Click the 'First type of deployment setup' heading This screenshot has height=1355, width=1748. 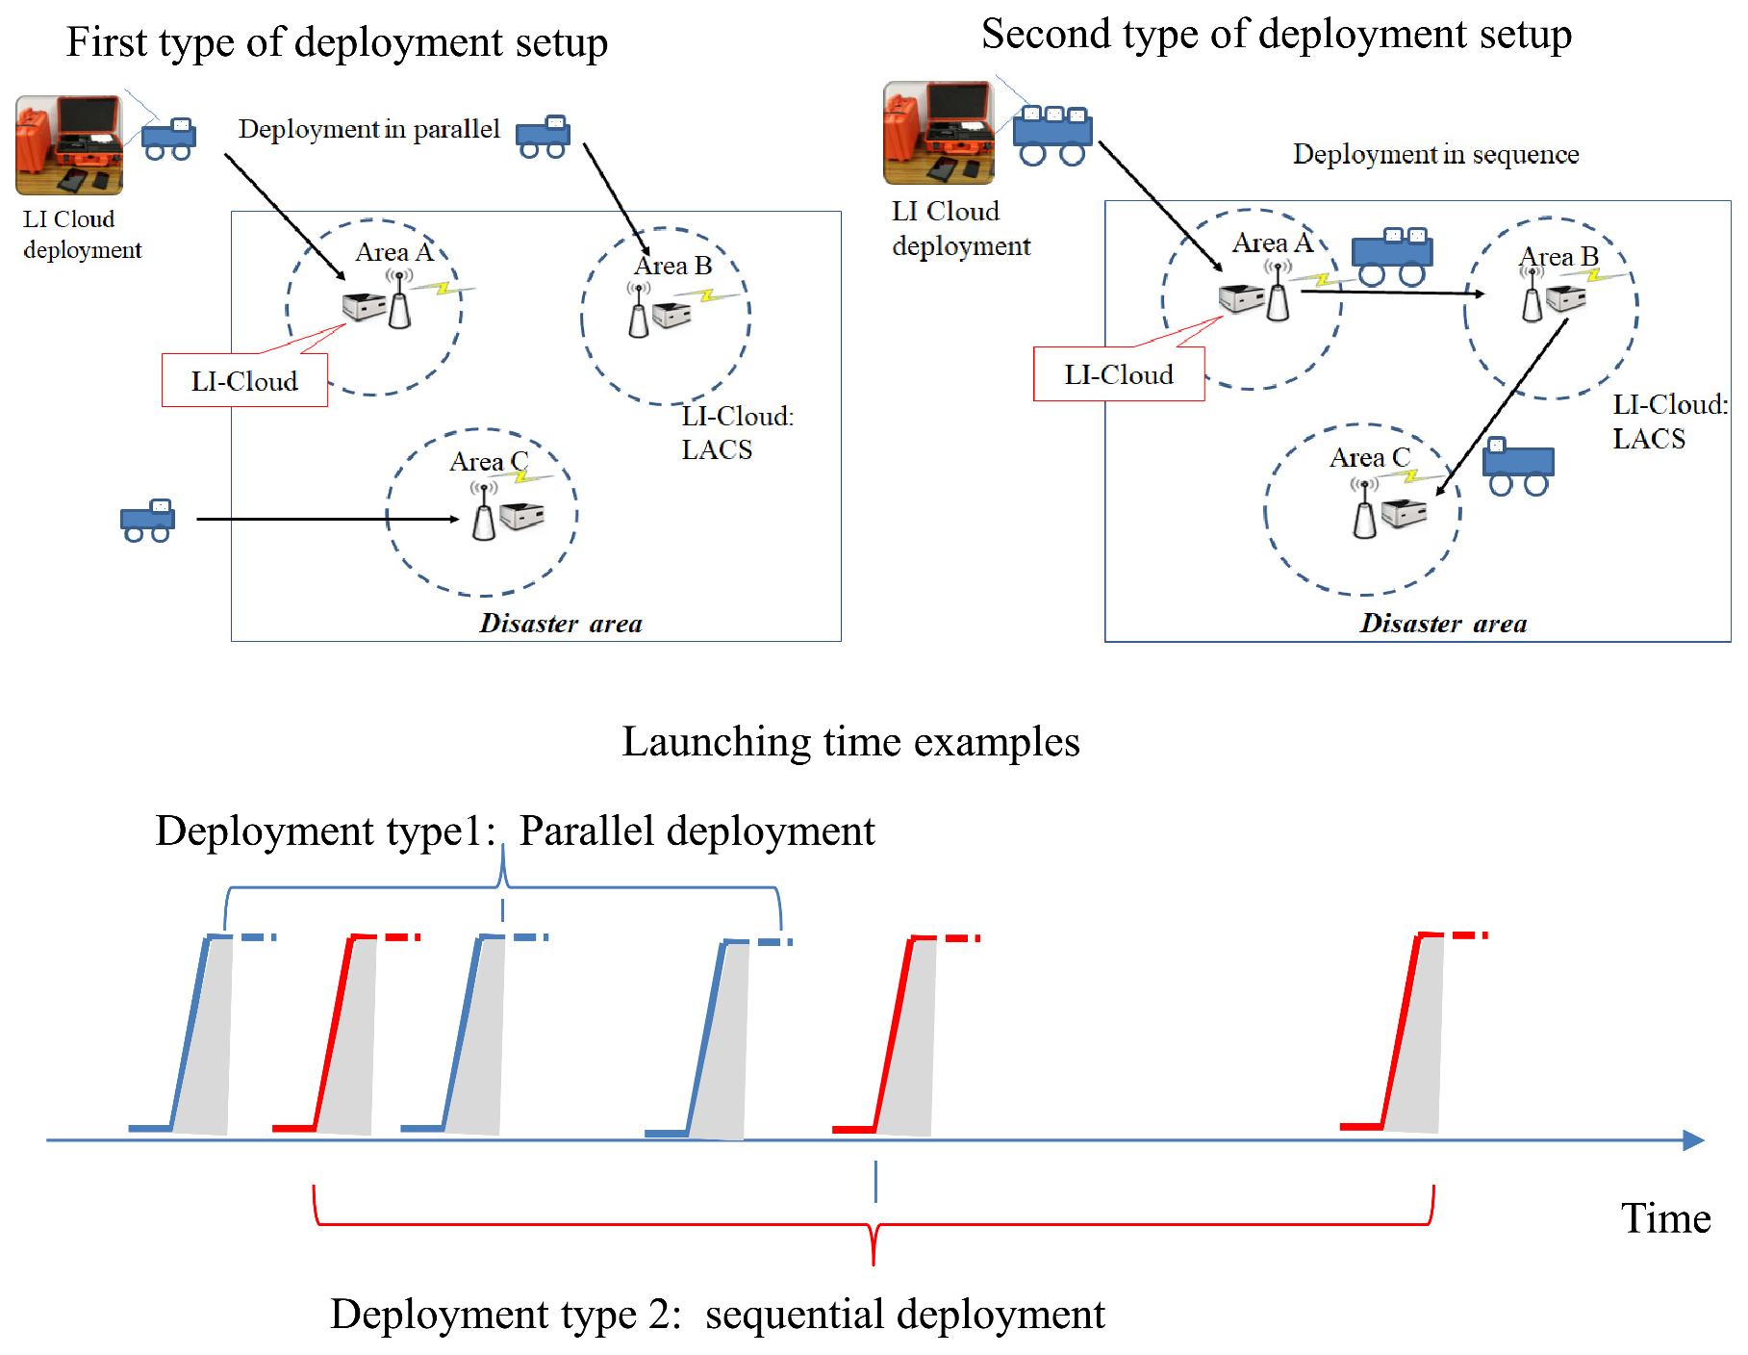point(337,42)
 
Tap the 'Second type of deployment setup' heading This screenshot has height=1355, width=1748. point(1276,35)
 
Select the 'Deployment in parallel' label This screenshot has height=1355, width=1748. point(368,129)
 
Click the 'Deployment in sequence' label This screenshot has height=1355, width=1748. point(1434,154)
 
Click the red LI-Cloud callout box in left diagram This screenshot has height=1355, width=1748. point(244,381)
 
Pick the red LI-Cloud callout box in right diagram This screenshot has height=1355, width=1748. point(1118,374)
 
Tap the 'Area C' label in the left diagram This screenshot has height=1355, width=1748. point(488,462)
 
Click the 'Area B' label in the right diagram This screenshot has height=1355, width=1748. point(1558,257)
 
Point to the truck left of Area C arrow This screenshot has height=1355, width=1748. point(147,521)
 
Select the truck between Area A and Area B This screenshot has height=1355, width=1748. point(1391,256)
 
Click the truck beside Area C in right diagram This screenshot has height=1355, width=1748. point(1517,467)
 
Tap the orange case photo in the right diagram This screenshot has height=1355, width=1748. point(938,133)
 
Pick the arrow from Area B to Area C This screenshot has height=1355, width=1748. point(1503,407)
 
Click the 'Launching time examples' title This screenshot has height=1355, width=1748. point(850,742)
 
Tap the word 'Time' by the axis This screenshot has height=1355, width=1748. point(1665,1218)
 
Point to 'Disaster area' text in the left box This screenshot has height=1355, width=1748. point(561,624)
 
